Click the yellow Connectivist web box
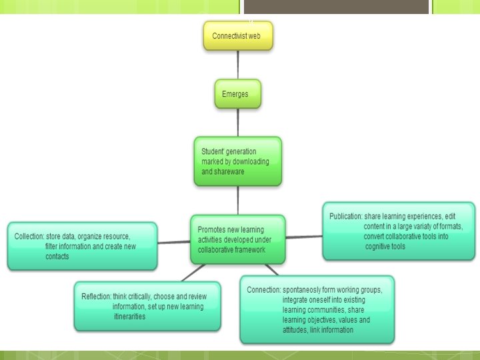(238, 36)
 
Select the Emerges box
(237, 94)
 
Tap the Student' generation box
(237, 161)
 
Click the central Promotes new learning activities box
(237, 239)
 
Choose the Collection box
(82, 246)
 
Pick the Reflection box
(147, 307)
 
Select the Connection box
(317, 310)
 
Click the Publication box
(399, 231)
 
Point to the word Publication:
(345, 217)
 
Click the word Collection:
(29, 237)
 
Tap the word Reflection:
(96, 297)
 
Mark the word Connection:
(263, 290)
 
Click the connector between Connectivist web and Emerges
(238, 65)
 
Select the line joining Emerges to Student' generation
(238, 123)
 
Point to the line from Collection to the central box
(173, 241)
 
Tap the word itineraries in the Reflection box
(129, 317)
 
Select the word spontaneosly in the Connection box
(303, 290)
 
